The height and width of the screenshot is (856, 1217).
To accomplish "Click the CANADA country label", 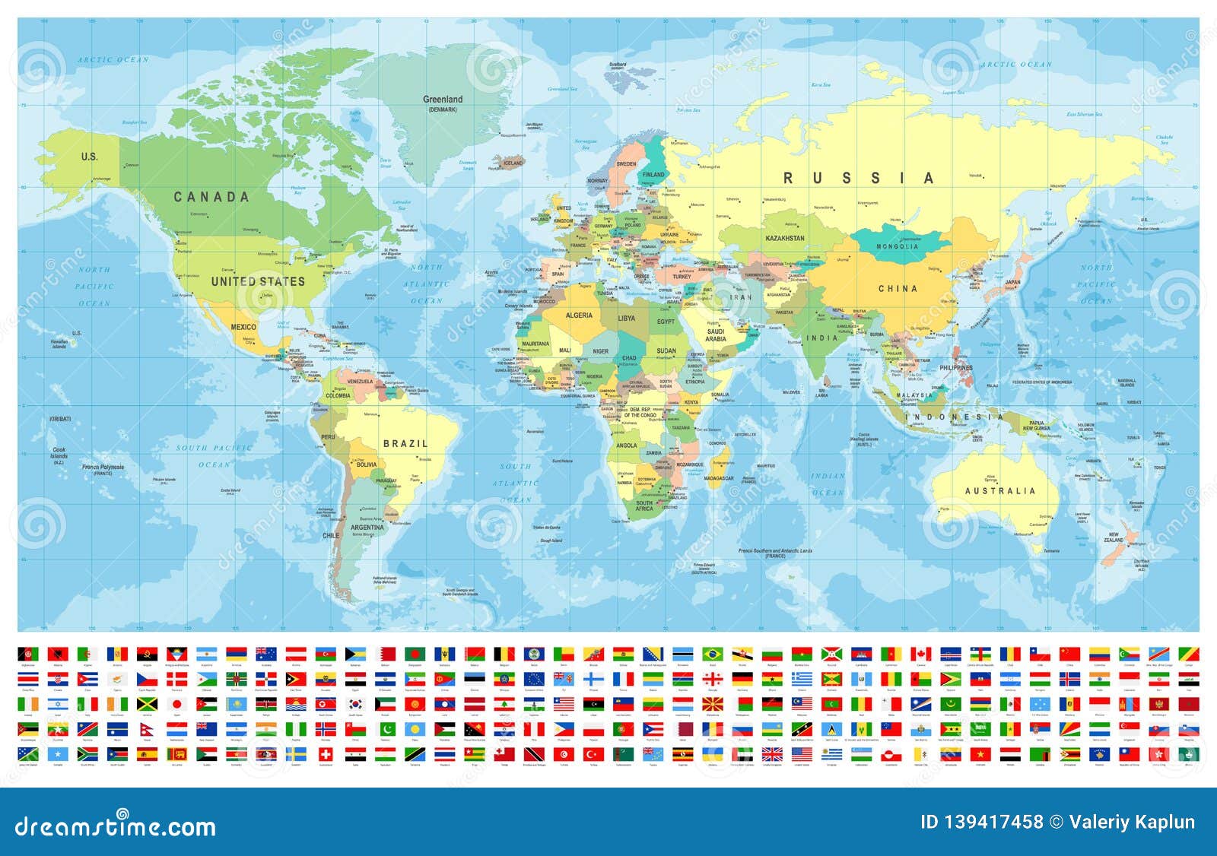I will click(x=211, y=197).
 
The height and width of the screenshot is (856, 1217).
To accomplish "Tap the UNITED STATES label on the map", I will click(x=258, y=281).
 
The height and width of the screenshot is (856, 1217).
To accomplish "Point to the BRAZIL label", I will click(x=405, y=443).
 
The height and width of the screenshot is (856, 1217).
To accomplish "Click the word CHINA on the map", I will click(x=898, y=289).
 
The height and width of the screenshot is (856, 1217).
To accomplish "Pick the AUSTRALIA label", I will click(x=1000, y=491).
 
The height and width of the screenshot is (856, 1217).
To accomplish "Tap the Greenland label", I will click(x=443, y=100).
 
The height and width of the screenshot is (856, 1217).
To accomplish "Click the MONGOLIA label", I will click(x=898, y=246).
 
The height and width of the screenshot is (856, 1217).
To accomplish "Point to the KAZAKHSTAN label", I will click(x=785, y=238).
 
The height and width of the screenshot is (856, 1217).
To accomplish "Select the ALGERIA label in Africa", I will click(x=579, y=315).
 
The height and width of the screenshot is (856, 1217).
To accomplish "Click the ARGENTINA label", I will click(x=367, y=527).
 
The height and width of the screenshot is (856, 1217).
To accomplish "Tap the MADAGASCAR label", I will click(x=719, y=478).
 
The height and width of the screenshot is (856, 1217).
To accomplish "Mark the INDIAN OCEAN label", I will click(x=828, y=484).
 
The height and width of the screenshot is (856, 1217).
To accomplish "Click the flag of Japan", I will click(x=176, y=704).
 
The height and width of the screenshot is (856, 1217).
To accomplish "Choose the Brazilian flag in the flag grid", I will click(x=713, y=654).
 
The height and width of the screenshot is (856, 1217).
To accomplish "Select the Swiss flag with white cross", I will click(x=326, y=754).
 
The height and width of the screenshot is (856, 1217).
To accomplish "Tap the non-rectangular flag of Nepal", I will click(x=146, y=729).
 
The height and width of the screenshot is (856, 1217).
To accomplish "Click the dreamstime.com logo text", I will click(x=116, y=826).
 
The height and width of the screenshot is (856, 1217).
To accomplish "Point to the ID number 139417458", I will click(x=981, y=822).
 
